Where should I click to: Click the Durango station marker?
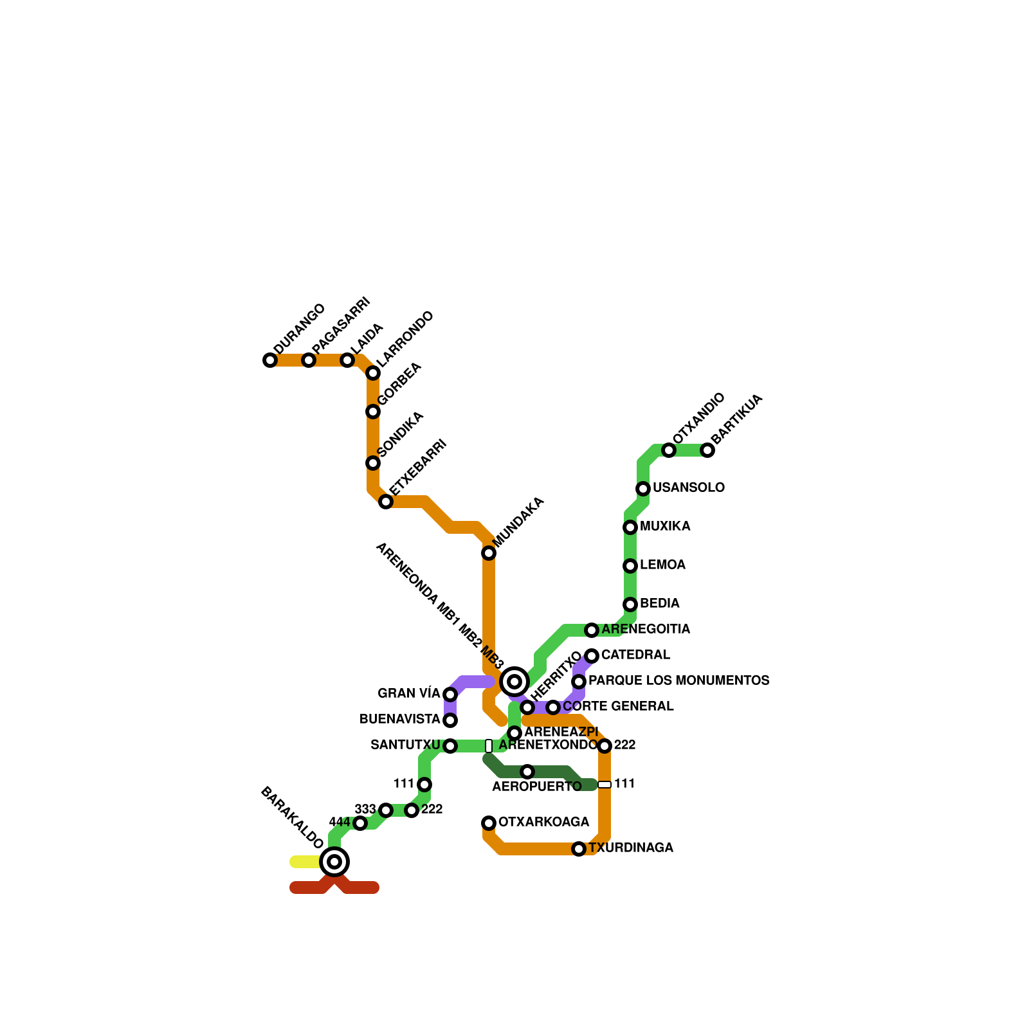point(270,360)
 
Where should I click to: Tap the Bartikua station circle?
point(707,450)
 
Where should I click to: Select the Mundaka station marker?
point(489,553)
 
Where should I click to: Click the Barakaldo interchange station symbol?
point(334,862)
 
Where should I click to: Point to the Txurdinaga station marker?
point(579,849)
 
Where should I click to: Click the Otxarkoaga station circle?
point(489,823)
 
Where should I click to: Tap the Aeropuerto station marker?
point(527,772)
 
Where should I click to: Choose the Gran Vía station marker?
point(450,695)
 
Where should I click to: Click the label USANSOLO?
point(688,488)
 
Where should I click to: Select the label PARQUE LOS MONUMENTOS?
point(678,681)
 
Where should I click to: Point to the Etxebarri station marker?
point(386,502)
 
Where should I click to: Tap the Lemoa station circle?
point(630,566)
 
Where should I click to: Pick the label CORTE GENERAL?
point(618,707)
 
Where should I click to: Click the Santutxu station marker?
point(450,746)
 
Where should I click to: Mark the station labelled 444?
point(360,823)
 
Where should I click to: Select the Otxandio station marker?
point(669,450)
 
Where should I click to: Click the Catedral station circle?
point(592,656)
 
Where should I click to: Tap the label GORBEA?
point(399,384)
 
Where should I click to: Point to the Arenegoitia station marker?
point(592,630)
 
